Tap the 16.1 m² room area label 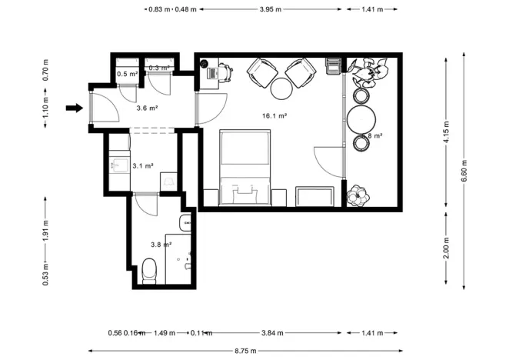275,115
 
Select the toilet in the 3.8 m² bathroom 150,270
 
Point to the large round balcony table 361,119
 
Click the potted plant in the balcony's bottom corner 357,196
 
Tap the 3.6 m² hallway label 147,108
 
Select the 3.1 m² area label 143,165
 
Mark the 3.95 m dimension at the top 271,9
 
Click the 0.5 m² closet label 127,74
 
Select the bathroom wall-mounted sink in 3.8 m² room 185,223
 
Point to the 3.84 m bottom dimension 271,333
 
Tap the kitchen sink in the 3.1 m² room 119,165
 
